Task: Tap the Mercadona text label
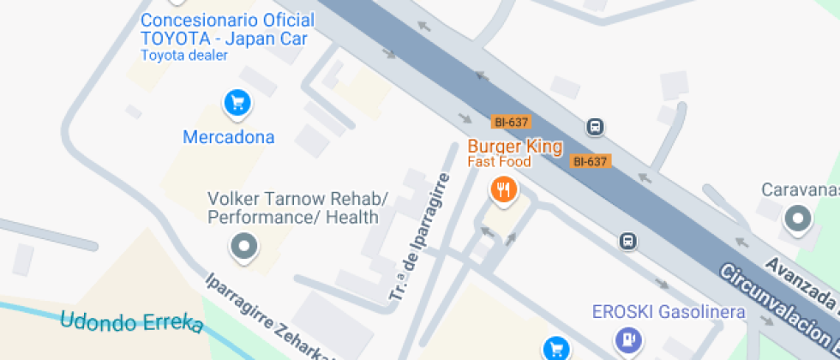pyautogui.click(x=229, y=137)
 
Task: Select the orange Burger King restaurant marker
pyautogui.click(x=502, y=189)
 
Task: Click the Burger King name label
pyautogui.click(x=514, y=147)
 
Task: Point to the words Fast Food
pyautogui.click(x=499, y=161)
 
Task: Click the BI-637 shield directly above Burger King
pyautogui.click(x=510, y=122)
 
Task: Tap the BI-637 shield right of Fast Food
pyautogui.click(x=590, y=160)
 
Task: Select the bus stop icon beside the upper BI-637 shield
pyautogui.click(x=595, y=128)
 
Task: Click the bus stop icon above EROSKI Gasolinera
pyautogui.click(x=629, y=241)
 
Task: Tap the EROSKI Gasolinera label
pyautogui.click(x=669, y=312)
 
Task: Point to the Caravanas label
pyautogui.click(x=801, y=189)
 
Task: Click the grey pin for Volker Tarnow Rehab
pyautogui.click(x=245, y=247)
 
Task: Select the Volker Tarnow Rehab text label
pyautogui.click(x=297, y=208)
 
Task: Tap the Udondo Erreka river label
pyautogui.click(x=132, y=323)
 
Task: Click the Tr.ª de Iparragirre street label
pyautogui.click(x=419, y=237)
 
